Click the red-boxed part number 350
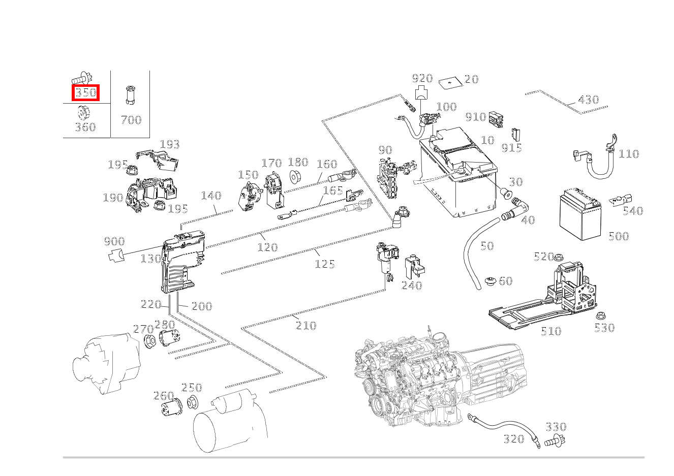point(85,93)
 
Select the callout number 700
point(131,120)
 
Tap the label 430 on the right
point(588,100)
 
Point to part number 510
point(550,332)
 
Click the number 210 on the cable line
point(306,326)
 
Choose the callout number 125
point(324,264)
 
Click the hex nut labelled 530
point(599,315)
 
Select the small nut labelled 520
point(559,257)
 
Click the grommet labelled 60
point(491,281)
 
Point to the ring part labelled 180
point(295,177)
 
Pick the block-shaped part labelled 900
point(116,255)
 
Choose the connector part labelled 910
point(496,118)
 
